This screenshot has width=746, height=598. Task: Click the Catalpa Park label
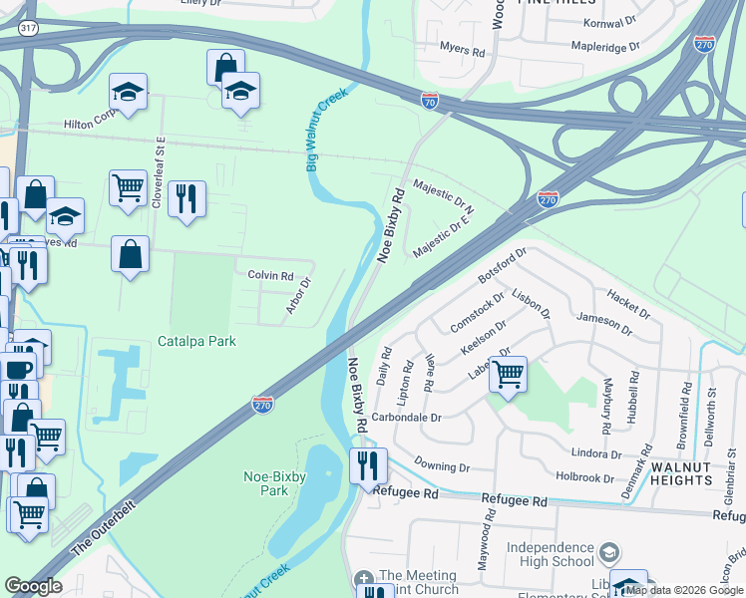click(196, 341)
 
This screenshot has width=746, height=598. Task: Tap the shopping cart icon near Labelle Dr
click(509, 375)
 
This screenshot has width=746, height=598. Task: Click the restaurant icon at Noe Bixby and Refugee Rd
click(368, 464)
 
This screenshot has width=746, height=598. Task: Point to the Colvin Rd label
click(270, 276)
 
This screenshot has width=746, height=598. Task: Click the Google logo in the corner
click(34, 585)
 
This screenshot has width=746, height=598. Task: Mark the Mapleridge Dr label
click(604, 47)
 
